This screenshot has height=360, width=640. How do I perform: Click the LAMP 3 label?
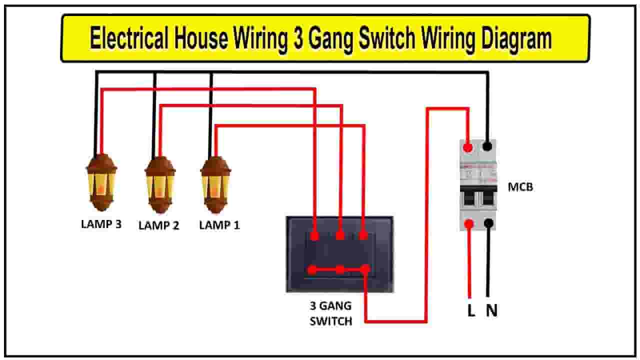pyautogui.click(x=101, y=224)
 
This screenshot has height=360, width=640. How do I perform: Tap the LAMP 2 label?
pyautogui.click(x=159, y=225)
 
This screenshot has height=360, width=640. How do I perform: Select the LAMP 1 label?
pyautogui.click(x=219, y=225)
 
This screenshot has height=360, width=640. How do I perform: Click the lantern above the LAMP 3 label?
pyautogui.click(x=101, y=182)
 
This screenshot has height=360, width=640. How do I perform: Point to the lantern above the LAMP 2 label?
pyautogui.click(x=160, y=185)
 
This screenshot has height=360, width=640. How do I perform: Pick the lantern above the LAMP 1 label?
pyautogui.click(x=215, y=185)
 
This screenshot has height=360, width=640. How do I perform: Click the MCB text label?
pyautogui.click(x=520, y=187)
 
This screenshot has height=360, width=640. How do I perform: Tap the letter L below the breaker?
pyautogui.click(x=471, y=310)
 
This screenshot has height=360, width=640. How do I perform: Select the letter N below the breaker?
pyautogui.click(x=491, y=310)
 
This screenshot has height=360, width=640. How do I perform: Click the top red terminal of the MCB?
pyautogui.click(x=468, y=147)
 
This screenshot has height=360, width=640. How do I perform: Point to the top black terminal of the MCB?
pyautogui.click(x=487, y=146)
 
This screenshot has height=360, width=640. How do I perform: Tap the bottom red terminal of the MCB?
pyautogui.click(x=469, y=223)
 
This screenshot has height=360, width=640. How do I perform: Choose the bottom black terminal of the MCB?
pyautogui.click(x=489, y=223)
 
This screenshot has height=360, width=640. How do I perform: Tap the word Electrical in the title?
pyautogui.click(x=129, y=37)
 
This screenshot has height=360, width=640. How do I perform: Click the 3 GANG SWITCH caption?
pyautogui.click(x=331, y=313)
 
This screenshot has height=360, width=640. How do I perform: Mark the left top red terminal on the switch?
pyautogui.click(x=314, y=236)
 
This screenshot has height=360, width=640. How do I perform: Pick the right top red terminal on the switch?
pyautogui.click(x=363, y=235)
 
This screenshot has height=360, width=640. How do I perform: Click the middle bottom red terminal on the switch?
pyautogui.click(x=339, y=269)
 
